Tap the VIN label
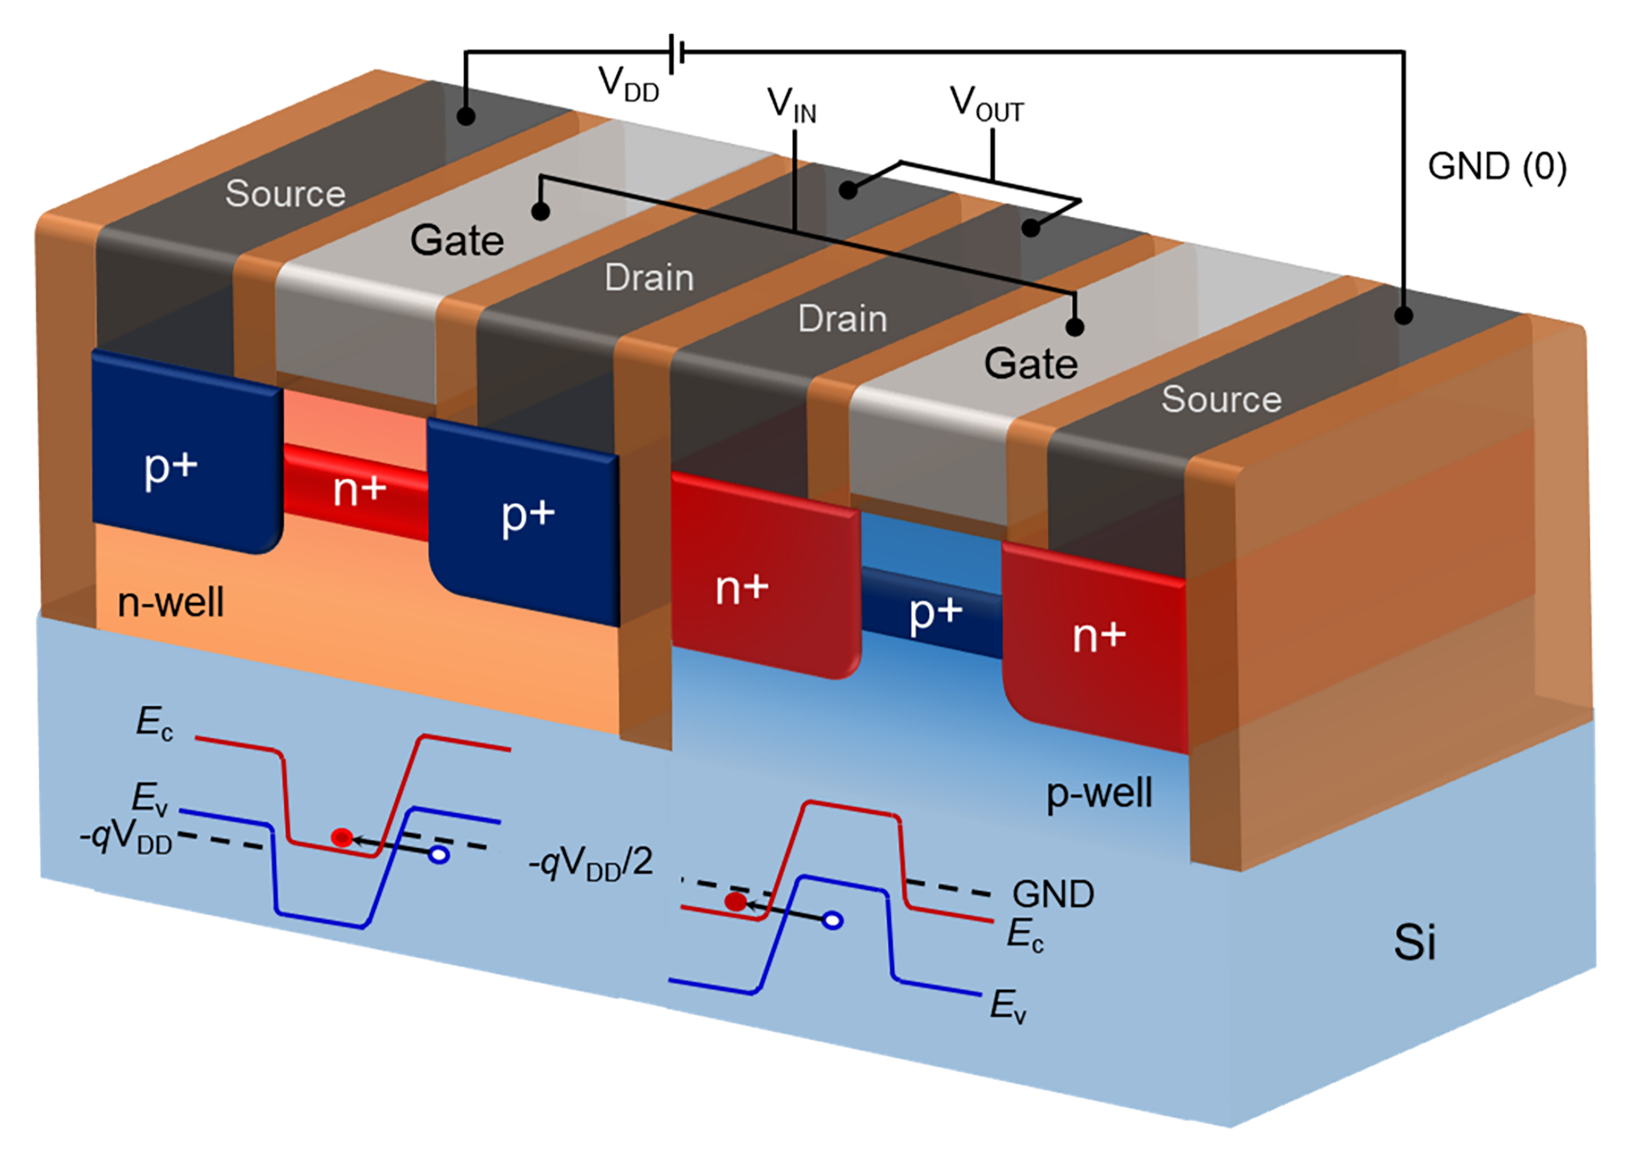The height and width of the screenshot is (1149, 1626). coord(792,106)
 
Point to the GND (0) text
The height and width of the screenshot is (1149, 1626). coord(1497,167)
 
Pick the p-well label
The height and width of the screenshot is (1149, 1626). coord(1099,793)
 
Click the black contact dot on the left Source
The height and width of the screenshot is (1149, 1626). coord(465,116)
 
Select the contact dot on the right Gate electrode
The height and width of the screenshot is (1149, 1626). coord(1074,326)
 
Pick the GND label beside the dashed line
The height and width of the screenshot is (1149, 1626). coord(1053,894)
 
